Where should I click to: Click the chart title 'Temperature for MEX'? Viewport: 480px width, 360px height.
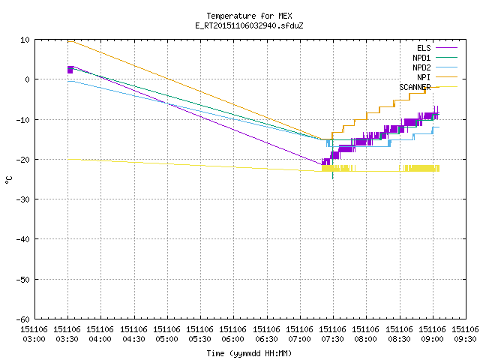coord(249,16)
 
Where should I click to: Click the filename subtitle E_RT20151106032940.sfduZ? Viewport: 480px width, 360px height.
coord(249,25)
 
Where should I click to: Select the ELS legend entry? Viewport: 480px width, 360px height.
coord(437,48)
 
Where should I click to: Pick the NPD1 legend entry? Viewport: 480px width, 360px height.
coord(435,58)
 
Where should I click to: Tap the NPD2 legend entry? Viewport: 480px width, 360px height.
coord(435,67)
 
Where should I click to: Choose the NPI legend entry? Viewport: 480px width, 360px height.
coord(437,77)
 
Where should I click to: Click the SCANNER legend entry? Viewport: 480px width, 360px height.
coord(428,87)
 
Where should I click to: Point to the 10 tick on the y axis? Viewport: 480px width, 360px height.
coord(25,40)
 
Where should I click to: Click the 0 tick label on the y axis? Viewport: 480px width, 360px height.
coord(27,79)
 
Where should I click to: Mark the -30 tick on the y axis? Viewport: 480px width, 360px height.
coord(23,199)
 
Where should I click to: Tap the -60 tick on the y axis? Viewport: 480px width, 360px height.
coord(23,319)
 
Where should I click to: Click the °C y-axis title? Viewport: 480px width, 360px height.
coord(8,180)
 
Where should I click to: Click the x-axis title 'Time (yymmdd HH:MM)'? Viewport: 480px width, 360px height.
coord(249,353)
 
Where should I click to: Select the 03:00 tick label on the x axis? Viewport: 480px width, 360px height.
coord(34,334)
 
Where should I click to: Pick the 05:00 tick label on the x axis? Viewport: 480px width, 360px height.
coord(166,334)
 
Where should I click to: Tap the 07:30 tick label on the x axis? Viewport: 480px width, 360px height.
coord(333,334)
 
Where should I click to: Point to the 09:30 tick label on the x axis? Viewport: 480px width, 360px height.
coord(465,334)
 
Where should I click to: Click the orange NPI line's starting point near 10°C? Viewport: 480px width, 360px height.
coord(68,41)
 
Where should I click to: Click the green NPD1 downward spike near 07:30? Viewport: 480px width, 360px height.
coord(333,165)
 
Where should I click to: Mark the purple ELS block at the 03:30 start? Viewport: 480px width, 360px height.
coord(70,70)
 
